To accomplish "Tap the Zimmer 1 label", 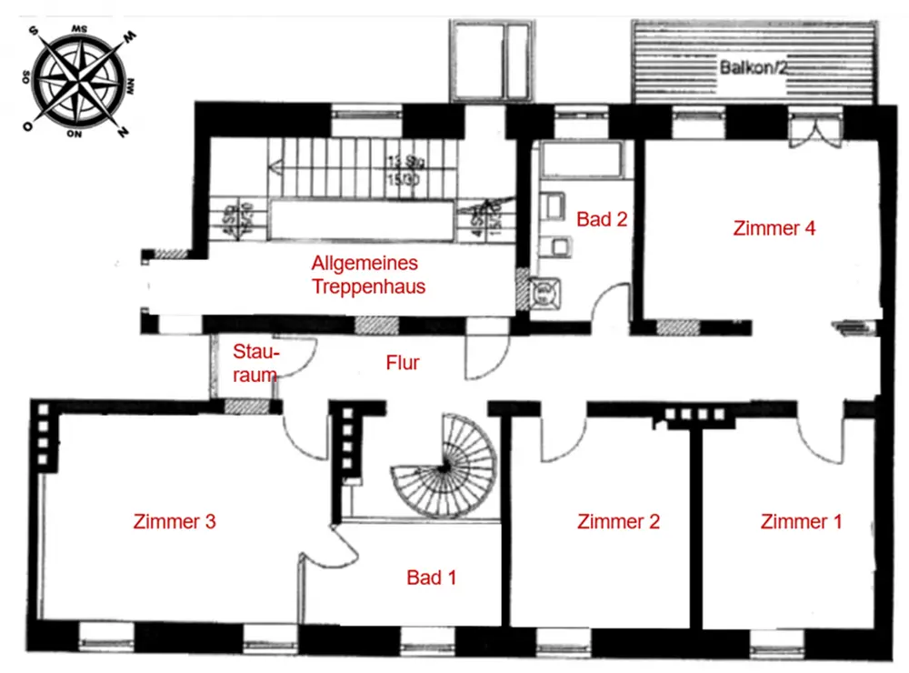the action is click(801, 521).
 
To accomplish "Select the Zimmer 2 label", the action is click(618, 521).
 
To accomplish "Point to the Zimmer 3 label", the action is click(174, 521).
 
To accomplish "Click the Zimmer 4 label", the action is click(774, 228).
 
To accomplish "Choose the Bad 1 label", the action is click(431, 578).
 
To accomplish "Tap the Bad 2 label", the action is click(602, 219).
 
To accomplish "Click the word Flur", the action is click(403, 363).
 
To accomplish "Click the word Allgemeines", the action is click(365, 264).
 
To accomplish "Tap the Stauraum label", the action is click(255, 363).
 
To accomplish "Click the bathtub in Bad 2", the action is click(580, 161).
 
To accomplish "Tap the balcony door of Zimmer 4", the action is click(807, 130).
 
